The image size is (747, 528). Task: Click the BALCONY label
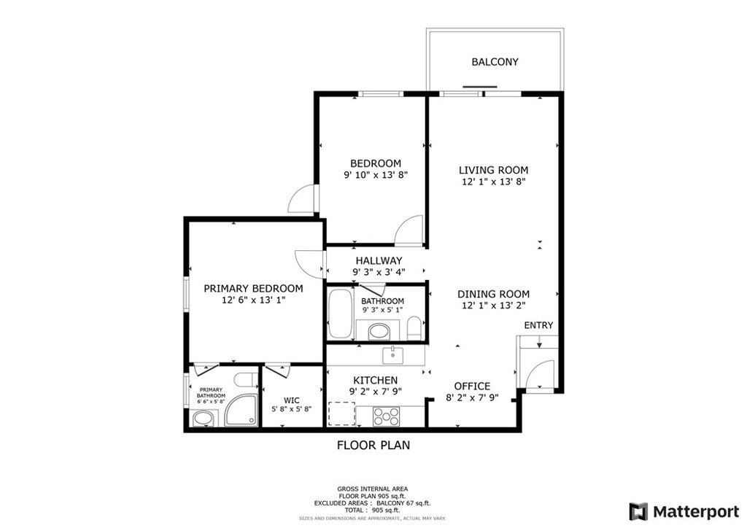495,62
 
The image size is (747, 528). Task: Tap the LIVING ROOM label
493,170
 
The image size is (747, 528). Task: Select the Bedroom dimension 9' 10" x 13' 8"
376,175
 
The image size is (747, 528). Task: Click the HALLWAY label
379,260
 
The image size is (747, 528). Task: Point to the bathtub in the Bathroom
340,314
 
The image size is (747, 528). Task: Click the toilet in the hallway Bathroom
414,328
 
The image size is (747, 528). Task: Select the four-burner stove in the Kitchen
387,416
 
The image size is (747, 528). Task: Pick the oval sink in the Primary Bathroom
203,419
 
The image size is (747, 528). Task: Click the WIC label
292,400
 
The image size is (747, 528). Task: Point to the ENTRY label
538,325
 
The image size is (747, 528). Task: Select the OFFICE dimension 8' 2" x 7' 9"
472,397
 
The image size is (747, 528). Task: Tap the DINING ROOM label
493,294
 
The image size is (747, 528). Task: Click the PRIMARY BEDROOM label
253,289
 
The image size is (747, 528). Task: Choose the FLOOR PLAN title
373,445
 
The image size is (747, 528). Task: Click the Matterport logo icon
638,511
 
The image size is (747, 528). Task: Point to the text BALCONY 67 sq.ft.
403,502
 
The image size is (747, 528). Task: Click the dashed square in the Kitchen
341,414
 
